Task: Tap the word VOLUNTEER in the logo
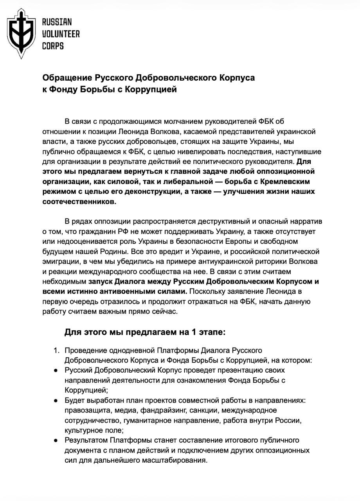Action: coord(61,34)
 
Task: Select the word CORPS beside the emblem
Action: coord(53,46)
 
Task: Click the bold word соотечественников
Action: coord(79,202)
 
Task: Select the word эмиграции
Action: coord(60,261)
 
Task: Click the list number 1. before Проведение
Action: coord(57,350)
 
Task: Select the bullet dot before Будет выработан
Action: coord(56,400)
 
